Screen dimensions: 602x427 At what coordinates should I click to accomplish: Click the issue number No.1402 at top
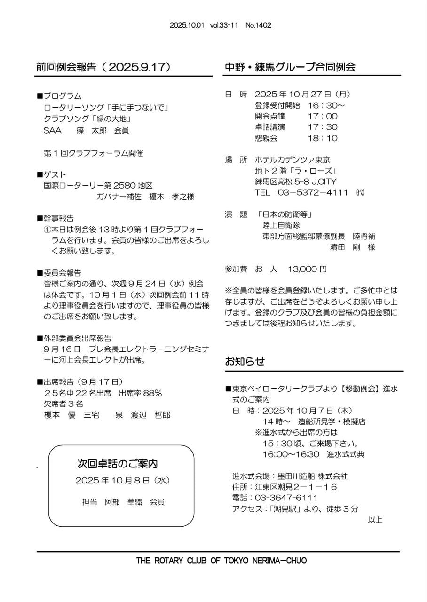click(x=258, y=25)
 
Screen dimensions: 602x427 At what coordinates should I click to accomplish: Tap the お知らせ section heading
click(x=245, y=361)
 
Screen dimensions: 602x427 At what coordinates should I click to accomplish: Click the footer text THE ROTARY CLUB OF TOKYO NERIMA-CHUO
click(x=221, y=561)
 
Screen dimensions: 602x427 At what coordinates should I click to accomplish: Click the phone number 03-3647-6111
click(x=286, y=498)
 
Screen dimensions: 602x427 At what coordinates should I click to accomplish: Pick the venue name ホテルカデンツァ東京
click(x=292, y=160)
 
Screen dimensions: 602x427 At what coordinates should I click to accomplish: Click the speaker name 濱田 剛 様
click(x=352, y=247)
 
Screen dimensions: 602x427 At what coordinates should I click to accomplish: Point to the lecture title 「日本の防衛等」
click(x=285, y=214)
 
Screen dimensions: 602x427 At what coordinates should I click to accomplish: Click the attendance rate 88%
click(x=153, y=393)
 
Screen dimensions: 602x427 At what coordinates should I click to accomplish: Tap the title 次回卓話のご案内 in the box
click(x=117, y=464)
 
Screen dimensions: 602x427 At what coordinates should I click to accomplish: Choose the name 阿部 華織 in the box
click(x=123, y=502)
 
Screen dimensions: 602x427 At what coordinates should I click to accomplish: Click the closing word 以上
click(x=375, y=520)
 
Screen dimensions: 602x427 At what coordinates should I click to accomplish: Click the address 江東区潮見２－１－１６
click(x=296, y=487)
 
